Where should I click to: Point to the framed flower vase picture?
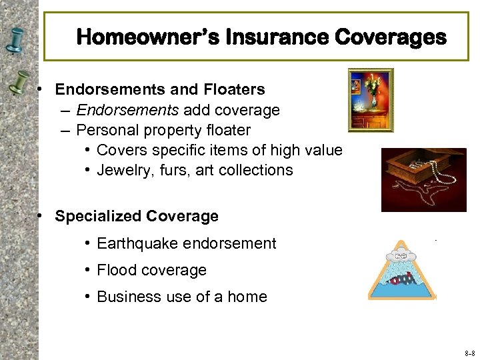coord(371,100)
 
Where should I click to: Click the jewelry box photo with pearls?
coord(423,179)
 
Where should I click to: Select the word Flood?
coord(116,270)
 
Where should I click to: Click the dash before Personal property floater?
coord(64,129)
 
